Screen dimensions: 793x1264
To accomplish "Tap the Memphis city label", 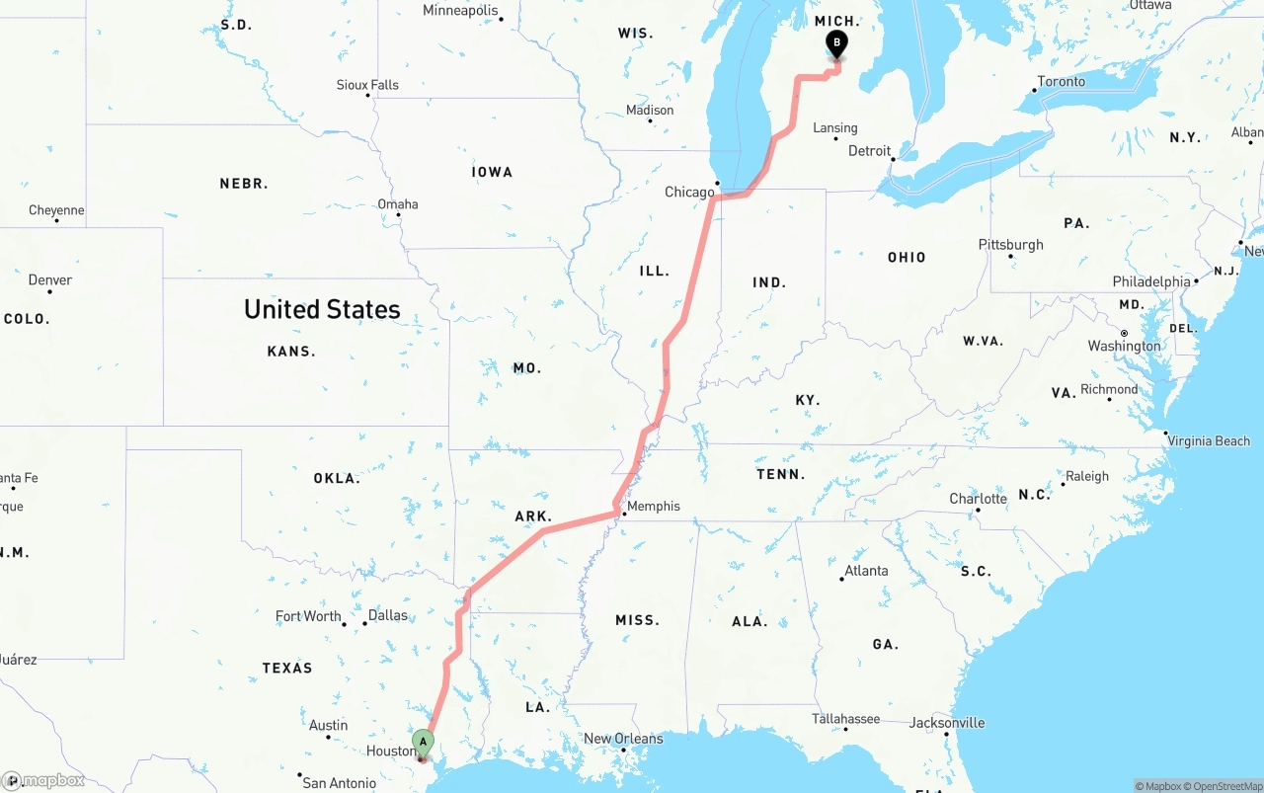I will pos(654,507).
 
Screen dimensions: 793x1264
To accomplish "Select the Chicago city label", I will pos(689,192).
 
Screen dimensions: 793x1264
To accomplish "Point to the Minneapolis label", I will pos(460,11).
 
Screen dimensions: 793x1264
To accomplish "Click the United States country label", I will pos(322,309).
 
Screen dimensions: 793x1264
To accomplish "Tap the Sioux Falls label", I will pos(367,85).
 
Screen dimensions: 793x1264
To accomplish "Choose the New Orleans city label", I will pos(623,738).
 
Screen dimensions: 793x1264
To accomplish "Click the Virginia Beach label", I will pos(1209,441).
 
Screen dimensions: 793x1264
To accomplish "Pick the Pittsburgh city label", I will pos(1010,244).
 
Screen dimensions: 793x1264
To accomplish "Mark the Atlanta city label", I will pos(866,570).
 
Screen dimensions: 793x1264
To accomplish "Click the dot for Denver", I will pos(49,292).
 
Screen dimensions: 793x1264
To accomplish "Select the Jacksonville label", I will pos(947,723).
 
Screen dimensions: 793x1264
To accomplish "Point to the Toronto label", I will pos(1062,82).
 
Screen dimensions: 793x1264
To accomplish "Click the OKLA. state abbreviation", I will pos(337,478).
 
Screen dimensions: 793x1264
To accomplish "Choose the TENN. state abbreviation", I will pos(780,474).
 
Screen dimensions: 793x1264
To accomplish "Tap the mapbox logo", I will pos(44,780).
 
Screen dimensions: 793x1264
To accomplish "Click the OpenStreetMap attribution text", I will pos(1226,786).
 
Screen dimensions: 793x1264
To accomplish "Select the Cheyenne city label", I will pos(56,210).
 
